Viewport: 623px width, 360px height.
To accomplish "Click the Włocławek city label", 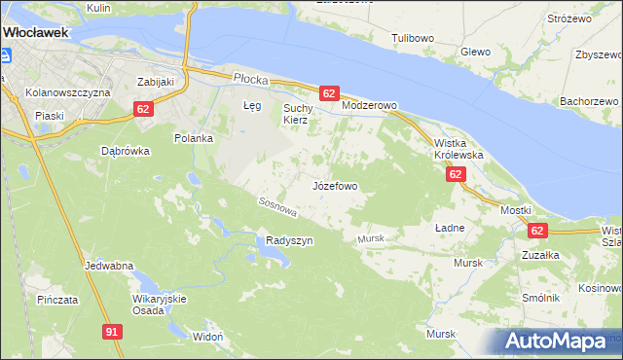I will (35, 32).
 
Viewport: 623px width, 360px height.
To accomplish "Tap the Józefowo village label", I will (335, 185).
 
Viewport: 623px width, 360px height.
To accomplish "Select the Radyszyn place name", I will (289, 240).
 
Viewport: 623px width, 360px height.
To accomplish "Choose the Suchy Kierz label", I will (295, 114).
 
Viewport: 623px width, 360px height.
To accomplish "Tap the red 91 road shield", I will (112, 332).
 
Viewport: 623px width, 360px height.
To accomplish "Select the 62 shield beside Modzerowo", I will (328, 93).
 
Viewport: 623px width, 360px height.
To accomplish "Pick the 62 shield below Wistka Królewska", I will (456, 174).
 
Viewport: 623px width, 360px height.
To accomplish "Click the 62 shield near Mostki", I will (537, 231).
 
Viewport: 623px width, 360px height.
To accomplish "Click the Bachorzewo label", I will (590, 101).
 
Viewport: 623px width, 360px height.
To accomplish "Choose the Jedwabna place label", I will (109, 265).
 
